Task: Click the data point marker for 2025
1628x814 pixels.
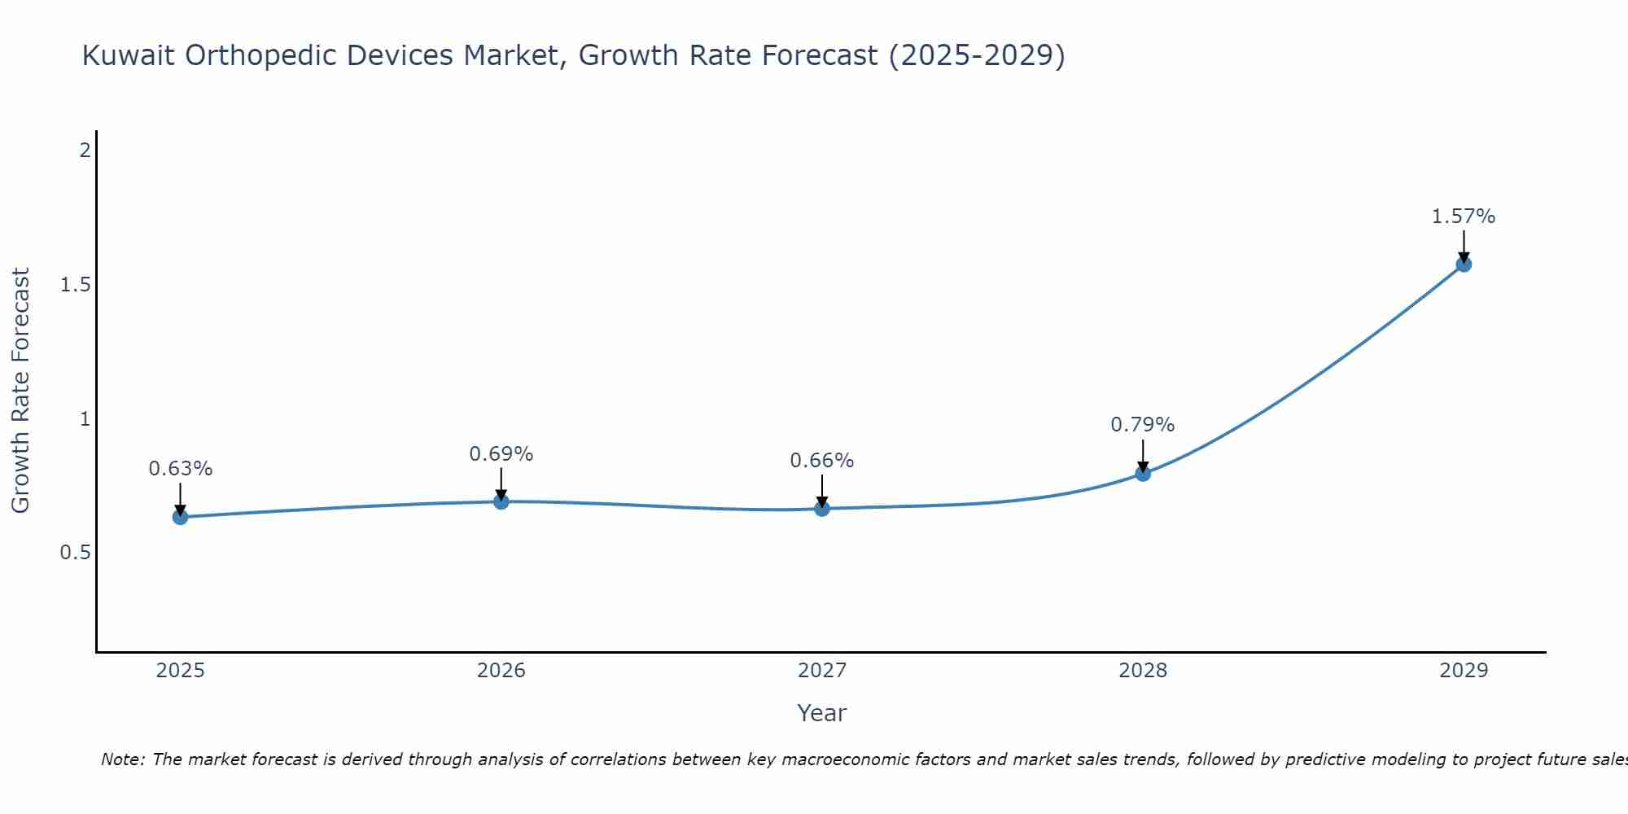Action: coord(181,517)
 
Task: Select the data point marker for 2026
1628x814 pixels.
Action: coord(501,501)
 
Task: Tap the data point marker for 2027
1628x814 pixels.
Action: coord(822,509)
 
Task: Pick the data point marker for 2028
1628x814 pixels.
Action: coord(1143,473)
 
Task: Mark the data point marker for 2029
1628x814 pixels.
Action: coord(1464,264)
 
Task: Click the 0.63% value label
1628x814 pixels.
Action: coord(181,469)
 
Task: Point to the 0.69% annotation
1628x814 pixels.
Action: coord(501,454)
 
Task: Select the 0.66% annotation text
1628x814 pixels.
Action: coord(822,461)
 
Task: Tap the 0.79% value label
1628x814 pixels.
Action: coord(1143,425)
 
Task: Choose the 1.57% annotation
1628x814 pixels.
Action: coord(1464,217)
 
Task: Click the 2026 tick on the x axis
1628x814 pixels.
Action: coord(501,671)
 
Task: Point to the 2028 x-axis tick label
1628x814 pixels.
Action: coord(1143,671)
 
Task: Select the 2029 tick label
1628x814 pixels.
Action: coord(1464,671)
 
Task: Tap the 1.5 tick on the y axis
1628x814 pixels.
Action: coord(75,285)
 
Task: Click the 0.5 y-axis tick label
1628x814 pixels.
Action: coord(75,553)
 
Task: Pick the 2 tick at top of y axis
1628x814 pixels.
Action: coord(84,151)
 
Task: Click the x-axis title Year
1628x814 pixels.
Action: coord(822,713)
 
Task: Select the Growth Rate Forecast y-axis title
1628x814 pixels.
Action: coord(20,391)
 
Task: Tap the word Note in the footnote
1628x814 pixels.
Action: coord(122,759)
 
